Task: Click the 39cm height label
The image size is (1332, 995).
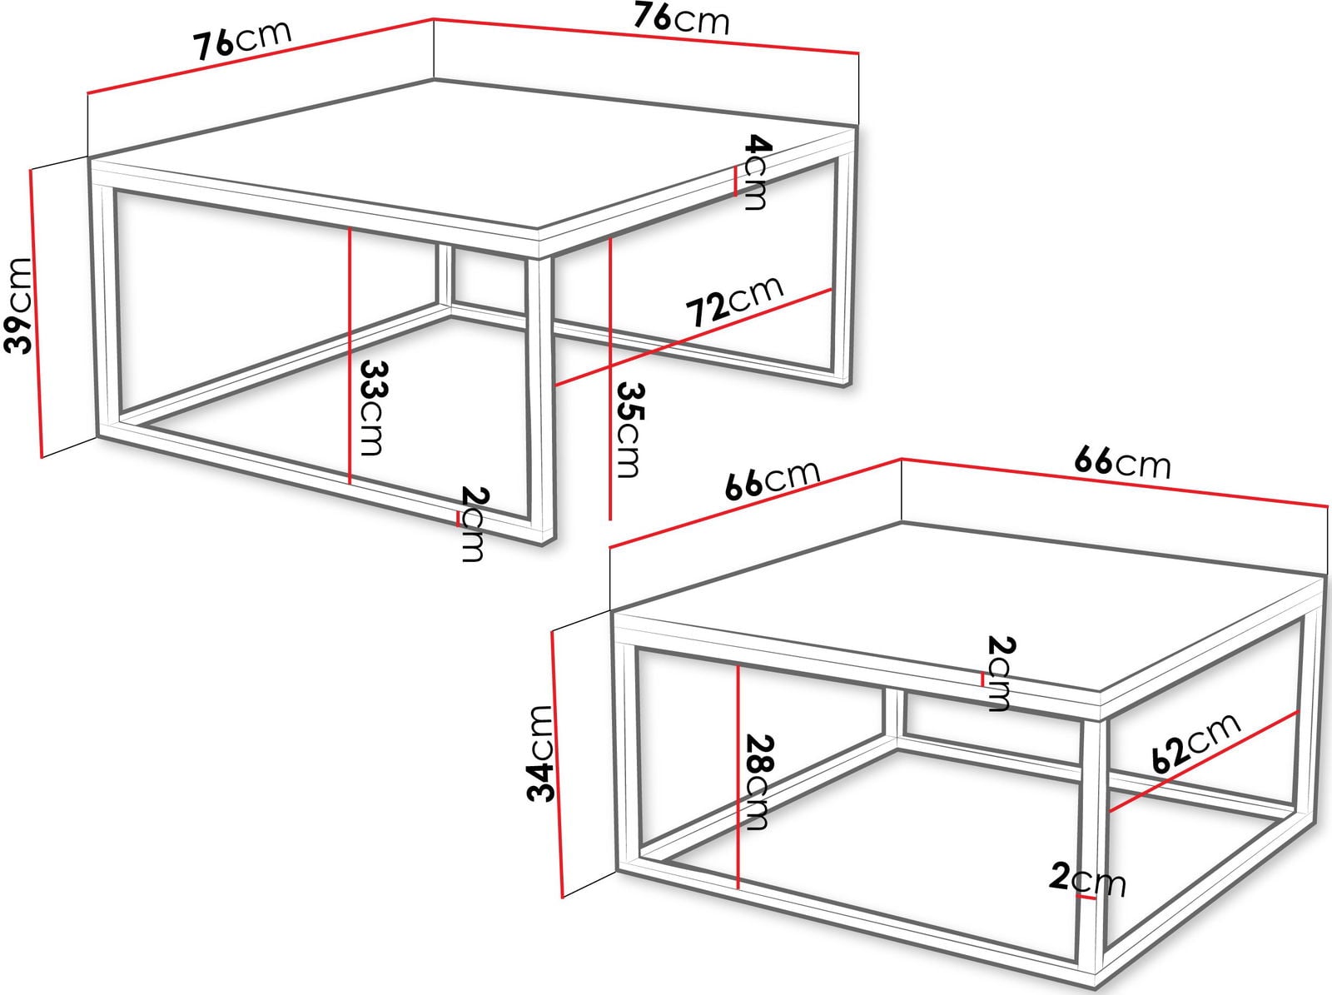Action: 17,306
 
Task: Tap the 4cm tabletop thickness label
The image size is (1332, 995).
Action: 758,172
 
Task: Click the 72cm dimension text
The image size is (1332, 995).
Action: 734,301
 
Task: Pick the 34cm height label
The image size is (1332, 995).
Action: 540,754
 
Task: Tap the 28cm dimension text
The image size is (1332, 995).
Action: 758,782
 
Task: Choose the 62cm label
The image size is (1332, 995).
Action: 1195,743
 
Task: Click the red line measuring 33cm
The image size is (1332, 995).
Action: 350,356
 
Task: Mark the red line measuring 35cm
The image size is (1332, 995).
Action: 610,379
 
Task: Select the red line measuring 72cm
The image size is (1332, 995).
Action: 693,337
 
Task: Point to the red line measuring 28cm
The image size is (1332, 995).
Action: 738,777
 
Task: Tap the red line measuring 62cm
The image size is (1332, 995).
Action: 1204,761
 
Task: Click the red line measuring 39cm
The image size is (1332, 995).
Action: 36,313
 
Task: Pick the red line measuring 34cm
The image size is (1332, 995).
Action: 557,764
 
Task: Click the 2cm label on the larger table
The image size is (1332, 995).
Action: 474,525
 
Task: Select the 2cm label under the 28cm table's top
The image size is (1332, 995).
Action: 1001,673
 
